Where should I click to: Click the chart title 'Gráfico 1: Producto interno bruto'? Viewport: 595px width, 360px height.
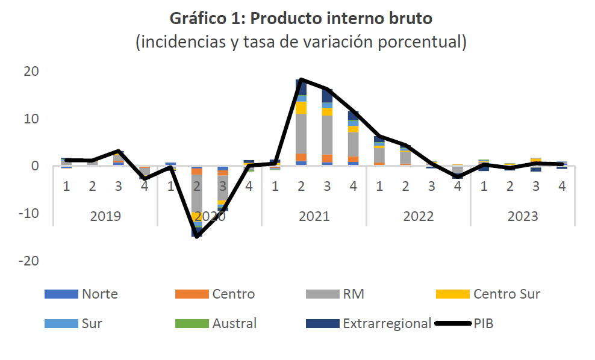301,19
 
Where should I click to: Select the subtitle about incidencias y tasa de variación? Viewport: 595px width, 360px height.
301,42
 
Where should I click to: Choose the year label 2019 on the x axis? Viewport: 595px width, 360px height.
105,216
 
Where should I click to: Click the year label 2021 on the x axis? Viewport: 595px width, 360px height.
314,216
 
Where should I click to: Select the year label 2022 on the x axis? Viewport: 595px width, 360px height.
418,216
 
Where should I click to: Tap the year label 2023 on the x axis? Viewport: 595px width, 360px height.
522,216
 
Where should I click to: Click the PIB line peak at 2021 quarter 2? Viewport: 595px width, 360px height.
301,79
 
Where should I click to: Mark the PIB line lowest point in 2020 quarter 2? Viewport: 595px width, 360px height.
197,237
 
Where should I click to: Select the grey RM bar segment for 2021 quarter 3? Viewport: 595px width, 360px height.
327,135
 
